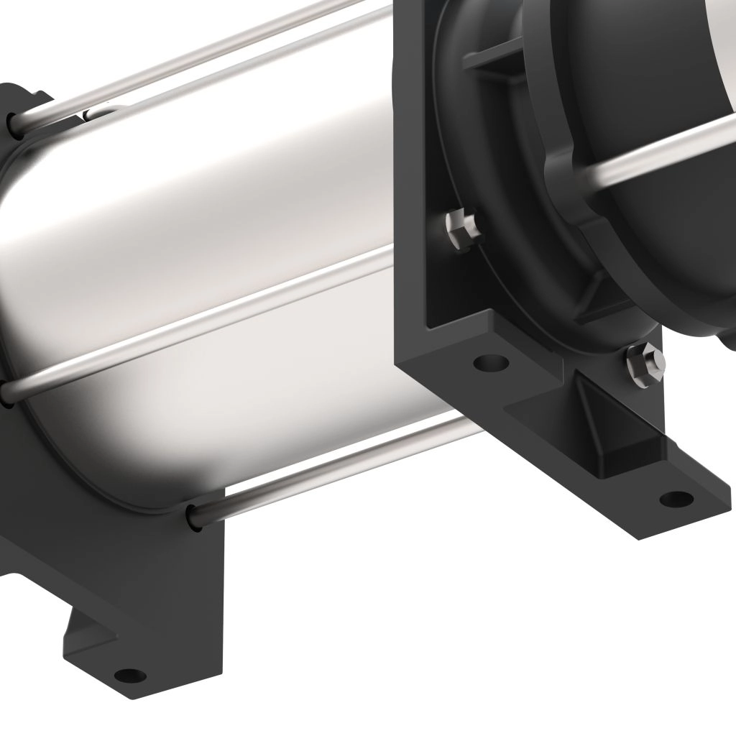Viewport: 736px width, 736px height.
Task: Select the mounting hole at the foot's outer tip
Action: pos(676,497)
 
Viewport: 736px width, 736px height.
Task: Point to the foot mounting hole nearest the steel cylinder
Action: pos(491,362)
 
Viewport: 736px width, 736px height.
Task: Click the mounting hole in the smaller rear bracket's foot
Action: pos(129,674)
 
